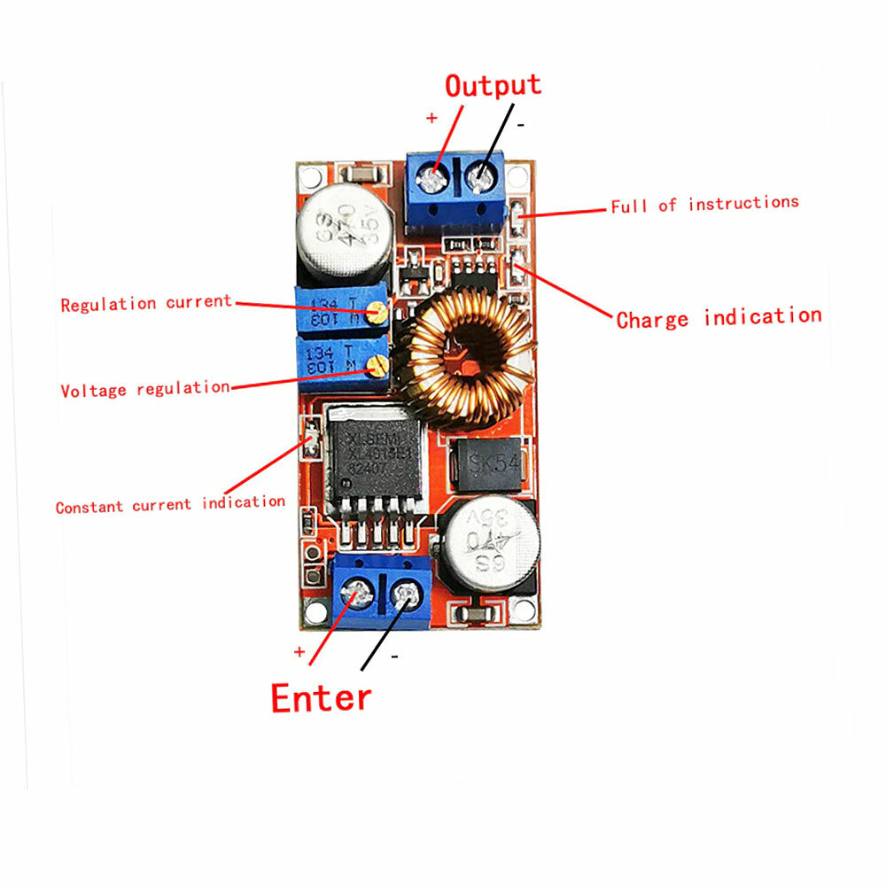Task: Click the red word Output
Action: [492, 86]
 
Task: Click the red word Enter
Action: [321, 697]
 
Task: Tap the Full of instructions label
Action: [704, 204]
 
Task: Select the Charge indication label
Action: [719, 318]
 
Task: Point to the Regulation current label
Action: [146, 303]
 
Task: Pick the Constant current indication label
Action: [170, 505]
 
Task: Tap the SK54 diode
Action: [492, 462]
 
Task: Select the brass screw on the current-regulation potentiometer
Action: [378, 311]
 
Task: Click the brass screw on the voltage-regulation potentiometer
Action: [378, 362]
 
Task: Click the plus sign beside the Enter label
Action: [299, 651]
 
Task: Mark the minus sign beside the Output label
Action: [521, 125]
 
